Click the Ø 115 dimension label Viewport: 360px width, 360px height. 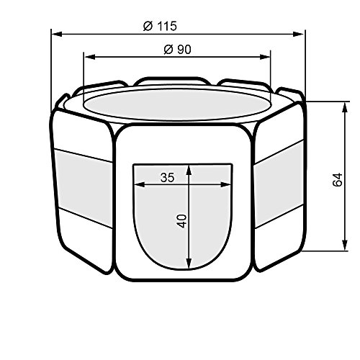(160, 26)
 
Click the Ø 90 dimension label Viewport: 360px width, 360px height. (177, 50)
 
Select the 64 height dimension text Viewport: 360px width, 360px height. (337, 179)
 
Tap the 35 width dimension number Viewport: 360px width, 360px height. (167, 178)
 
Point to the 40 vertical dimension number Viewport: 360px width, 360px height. (182, 221)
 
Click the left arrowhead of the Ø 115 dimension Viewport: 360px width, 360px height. (57, 34)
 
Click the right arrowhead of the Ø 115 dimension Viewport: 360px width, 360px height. (298, 34)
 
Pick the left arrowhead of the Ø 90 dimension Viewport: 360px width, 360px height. (89, 57)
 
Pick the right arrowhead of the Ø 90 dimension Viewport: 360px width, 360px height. (265, 57)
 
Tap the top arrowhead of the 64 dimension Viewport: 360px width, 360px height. (345, 107)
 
